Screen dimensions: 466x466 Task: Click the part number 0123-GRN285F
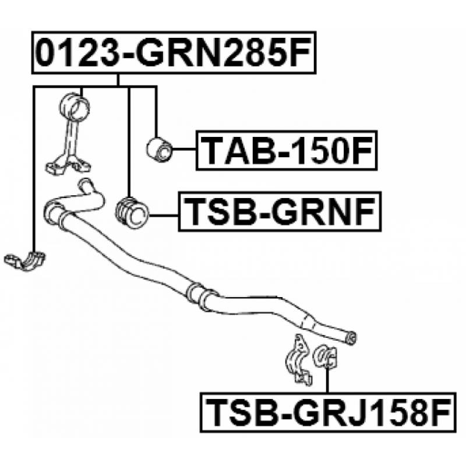174,52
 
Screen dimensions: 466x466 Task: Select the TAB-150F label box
287,150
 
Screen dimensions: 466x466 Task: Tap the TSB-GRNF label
280,211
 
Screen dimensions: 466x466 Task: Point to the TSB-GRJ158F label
328,412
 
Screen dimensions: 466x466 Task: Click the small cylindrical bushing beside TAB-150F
160,149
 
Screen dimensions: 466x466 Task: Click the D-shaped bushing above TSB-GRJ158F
325,356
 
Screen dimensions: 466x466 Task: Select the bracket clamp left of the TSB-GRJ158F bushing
298,360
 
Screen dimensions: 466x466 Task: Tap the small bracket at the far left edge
24,261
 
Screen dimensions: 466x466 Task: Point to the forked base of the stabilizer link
68,164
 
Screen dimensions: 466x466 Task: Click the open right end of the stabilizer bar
352,338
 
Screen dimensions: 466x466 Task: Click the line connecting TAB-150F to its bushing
184,150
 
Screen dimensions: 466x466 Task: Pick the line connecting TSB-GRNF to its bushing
164,216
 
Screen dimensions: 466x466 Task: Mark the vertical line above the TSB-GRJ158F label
328,380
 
